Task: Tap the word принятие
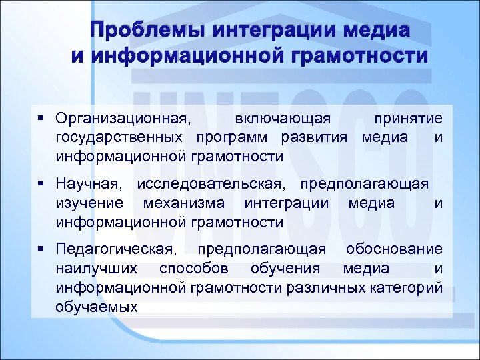[407, 119]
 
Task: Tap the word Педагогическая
[117, 250]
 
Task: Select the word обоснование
[393, 250]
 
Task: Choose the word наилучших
[97, 269]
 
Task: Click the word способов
[194, 269]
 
